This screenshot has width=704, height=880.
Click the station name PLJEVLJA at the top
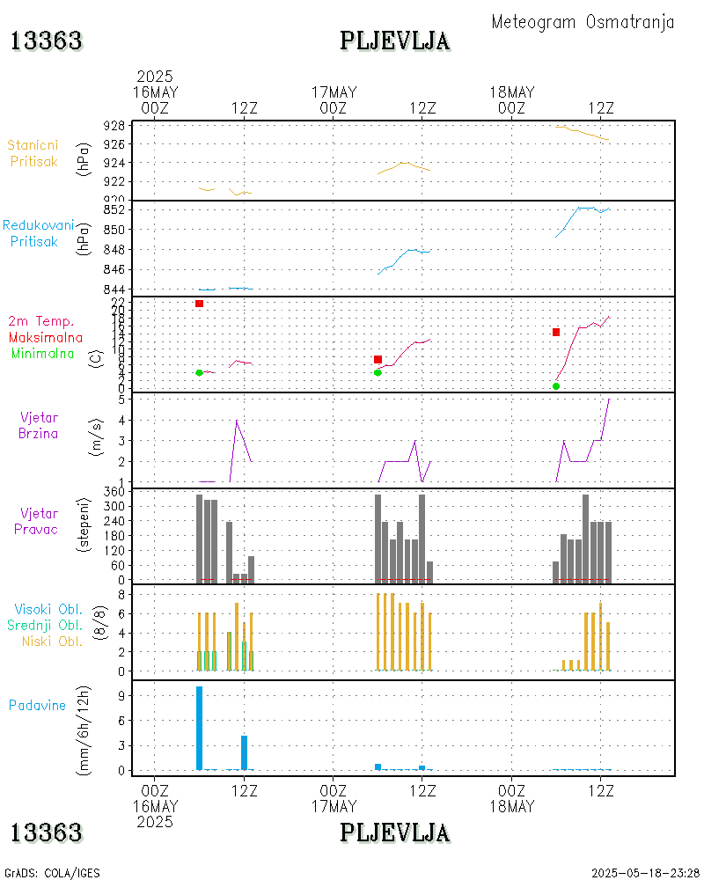[394, 40]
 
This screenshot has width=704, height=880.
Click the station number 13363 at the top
[46, 40]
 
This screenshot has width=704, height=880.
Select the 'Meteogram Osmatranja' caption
[583, 22]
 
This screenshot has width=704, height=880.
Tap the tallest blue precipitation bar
[200, 727]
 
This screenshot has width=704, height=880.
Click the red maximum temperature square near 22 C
[200, 304]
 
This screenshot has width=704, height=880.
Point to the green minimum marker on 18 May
[556, 386]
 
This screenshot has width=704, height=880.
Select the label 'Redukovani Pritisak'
[37, 233]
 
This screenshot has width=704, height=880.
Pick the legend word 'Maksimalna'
[46, 337]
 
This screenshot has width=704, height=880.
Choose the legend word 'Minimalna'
[43, 353]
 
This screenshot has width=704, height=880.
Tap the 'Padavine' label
[37, 705]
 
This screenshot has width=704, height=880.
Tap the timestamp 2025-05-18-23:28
[646, 873]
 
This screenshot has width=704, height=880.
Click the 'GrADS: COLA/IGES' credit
[52, 873]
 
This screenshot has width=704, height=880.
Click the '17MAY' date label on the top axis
[334, 92]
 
